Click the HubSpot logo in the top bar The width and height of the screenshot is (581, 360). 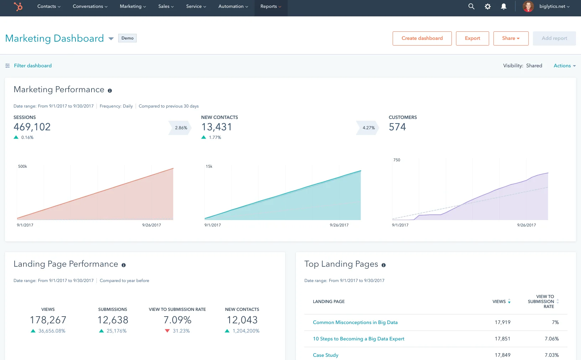[x=18, y=6]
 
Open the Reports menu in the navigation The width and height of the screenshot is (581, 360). [x=271, y=6]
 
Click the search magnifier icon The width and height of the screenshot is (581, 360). [x=471, y=6]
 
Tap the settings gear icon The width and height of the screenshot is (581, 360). [x=488, y=6]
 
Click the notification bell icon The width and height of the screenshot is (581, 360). [x=504, y=6]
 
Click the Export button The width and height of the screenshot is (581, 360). [x=472, y=38]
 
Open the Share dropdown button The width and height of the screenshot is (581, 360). [x=511, y=38]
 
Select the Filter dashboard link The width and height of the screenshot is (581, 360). [x=33, y=66]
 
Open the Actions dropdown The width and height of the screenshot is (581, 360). [x=564, y=66]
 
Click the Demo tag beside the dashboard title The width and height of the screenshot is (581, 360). [x=127, y=38]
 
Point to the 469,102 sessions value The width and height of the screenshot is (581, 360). [x=32, y=127]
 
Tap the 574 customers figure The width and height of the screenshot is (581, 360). [x=397, y=127]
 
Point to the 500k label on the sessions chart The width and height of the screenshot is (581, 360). [x=22, y=166]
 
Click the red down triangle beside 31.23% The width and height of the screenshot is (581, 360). [x=167, y=331]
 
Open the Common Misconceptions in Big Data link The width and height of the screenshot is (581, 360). [x=355, y=322]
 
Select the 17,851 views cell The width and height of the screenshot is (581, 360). [x=502, y=339]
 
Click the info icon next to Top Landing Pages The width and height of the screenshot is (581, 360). [x=383, y=265]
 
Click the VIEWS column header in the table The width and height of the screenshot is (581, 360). [x=499, y=302]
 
